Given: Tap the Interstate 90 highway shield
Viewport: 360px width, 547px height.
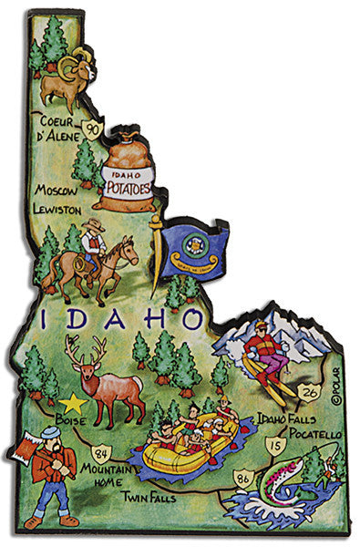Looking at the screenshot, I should (92, 130).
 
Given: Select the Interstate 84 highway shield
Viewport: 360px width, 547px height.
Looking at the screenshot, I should (101, 451).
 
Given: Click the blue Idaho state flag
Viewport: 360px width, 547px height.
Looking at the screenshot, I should (194, 248).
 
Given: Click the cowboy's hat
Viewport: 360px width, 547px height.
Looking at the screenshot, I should (93, 223).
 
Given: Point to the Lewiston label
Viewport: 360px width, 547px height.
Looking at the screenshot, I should (62, 209).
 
